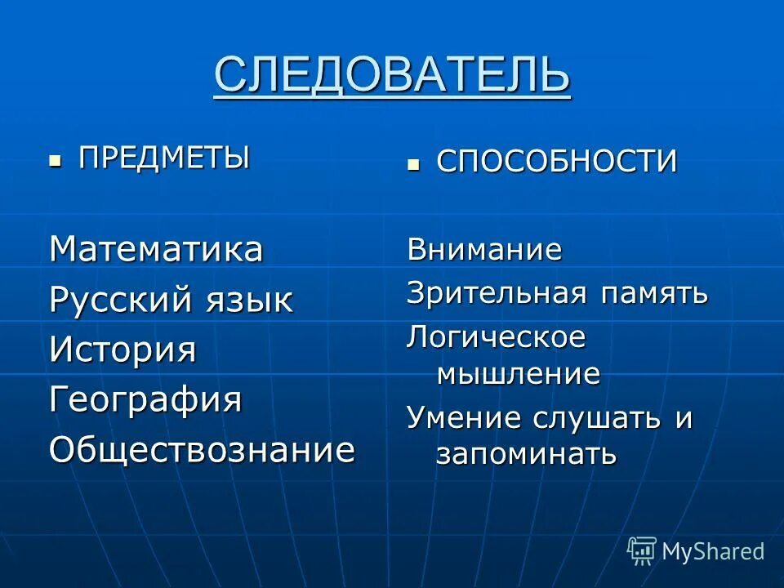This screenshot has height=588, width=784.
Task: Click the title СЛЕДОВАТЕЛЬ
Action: click(x=392, y=75)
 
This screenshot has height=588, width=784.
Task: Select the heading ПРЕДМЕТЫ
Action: click(x=164, y=157)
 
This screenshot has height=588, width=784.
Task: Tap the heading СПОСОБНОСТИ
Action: click(x=556, y=162)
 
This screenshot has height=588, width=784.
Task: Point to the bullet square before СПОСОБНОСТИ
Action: click(x=413, y=164)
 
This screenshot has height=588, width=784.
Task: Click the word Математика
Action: click(x=156, y=249)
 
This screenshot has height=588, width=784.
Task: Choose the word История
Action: click(x=122, y=350)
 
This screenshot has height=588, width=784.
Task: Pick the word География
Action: click(x=145, y=400)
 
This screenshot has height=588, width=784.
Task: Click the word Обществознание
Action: click(x=202, y=450)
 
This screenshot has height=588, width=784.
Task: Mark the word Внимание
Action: click(x=484, y=249)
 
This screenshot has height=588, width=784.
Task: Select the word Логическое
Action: click(x=496, y=337)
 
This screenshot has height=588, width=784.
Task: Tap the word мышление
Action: click(x=518, y=374)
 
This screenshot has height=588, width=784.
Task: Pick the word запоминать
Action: click(x=526, y=454)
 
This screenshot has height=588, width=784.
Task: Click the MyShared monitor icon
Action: click(x=642, y=550)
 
